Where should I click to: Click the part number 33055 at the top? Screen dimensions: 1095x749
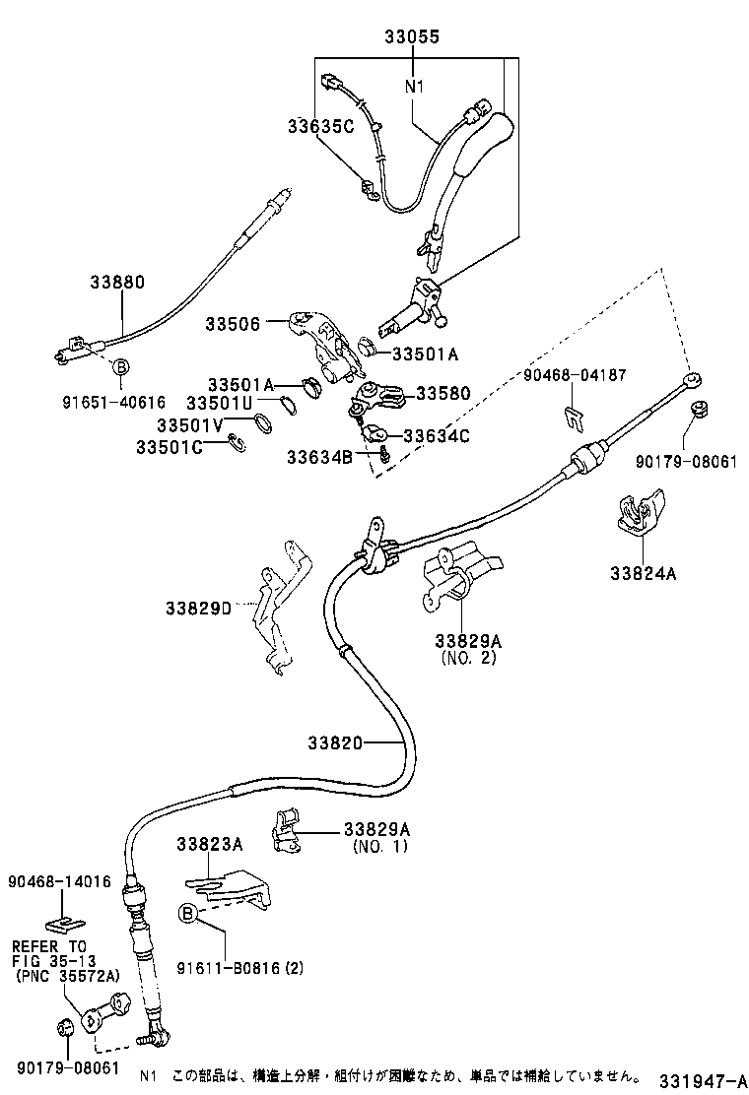click(411, 37)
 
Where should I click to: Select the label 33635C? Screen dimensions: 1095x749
click(320, 126)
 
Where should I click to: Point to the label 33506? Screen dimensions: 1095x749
click(233, 324)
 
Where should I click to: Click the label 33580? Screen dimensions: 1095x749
click(443, 394)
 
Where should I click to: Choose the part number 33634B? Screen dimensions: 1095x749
click(320, 456)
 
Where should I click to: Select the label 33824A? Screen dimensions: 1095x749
click(642, 574)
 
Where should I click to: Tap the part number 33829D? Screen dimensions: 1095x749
click(198, 608)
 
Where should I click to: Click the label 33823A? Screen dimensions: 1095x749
click(210, 844)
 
